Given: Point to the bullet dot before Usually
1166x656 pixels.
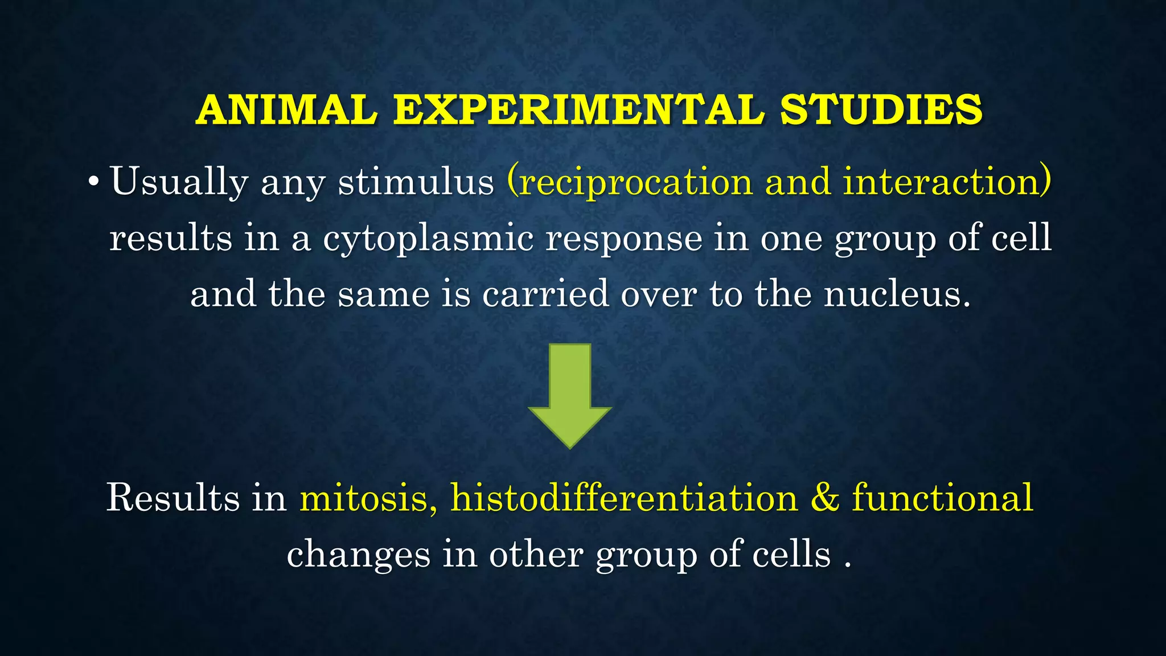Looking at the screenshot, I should point(94,183).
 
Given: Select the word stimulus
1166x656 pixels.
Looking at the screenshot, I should point(416,183).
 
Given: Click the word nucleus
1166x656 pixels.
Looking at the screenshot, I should point(897,294).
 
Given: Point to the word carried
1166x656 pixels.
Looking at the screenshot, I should point(545,294).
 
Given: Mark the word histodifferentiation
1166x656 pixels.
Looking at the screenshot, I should point(624,498).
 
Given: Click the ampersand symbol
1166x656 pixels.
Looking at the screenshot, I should point(825,498).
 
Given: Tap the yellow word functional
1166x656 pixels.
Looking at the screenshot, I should point(942,498).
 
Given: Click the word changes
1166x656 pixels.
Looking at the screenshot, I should point(358,555).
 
